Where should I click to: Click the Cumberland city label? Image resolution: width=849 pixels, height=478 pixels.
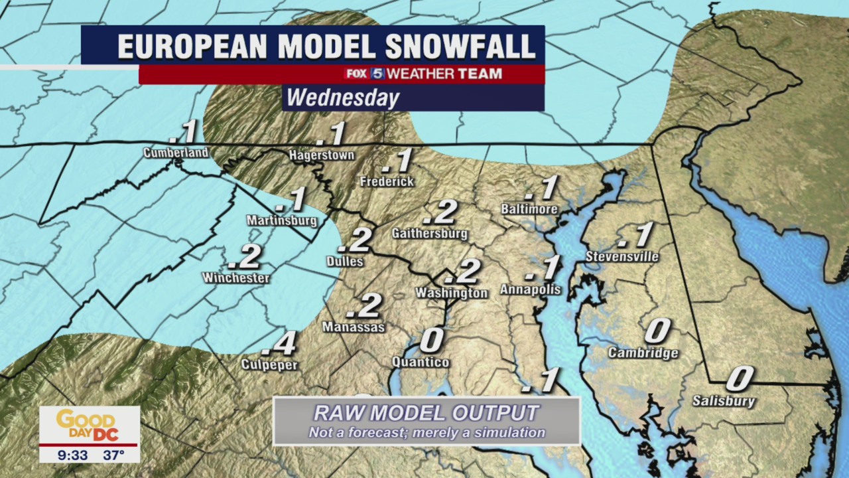point(176,153)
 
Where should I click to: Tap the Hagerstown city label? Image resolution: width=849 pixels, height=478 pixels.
point(322,155)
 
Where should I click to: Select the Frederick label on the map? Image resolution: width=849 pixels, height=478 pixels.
point(387,181)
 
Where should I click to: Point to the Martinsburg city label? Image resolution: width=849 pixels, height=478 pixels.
point(281,220)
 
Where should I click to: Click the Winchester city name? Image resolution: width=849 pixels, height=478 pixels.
point(236,278)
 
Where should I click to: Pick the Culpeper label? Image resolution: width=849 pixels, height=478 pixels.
point(269,365)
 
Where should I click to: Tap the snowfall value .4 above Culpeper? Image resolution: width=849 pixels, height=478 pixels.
point(279,344)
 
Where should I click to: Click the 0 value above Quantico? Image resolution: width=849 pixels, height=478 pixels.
point(432,341)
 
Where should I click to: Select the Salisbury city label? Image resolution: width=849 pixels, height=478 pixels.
point(724,401)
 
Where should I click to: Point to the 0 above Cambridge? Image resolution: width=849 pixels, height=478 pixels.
point(657,331)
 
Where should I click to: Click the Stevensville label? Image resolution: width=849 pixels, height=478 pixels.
point(622,257)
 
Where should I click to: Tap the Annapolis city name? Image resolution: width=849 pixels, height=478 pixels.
point(531,289)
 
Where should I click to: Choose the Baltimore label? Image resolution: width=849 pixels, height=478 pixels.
point(529,210)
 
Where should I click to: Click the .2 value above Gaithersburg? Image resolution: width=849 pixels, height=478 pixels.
point(440,212)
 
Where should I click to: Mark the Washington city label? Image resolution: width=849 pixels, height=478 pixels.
point(452,293)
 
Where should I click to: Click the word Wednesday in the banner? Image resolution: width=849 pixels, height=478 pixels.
point(343,98)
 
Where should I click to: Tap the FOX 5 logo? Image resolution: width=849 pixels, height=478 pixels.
point(364,74)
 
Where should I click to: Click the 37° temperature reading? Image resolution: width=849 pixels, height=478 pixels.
point(113,455)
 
